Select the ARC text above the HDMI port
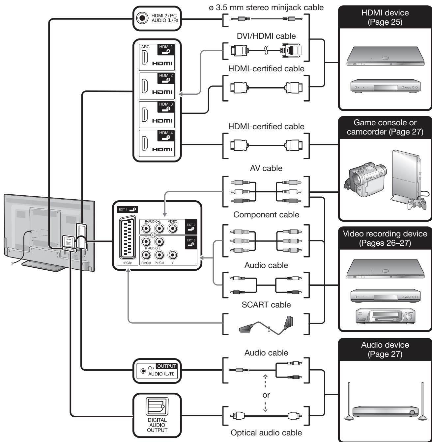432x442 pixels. (145, 47)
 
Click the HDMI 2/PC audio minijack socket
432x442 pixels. (142, 18)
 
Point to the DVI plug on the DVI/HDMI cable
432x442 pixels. (291, 50)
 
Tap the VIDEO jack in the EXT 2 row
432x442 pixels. (173, 228)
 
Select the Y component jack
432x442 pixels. (173, 255)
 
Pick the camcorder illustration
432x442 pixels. (365, 180)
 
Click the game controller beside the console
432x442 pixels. (417, 204)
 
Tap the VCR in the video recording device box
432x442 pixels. (385, 315)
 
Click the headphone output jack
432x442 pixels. (143, 371)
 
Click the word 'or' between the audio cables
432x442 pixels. (266, 395)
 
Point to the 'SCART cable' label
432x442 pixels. (266, 305)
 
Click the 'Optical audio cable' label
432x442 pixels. (266, 433)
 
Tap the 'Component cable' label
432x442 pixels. (266, 215)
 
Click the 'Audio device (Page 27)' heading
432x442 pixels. (385, 349)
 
